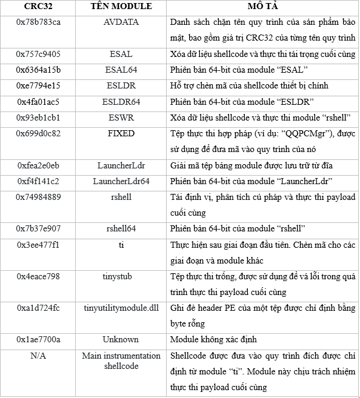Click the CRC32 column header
(x=38, y=7)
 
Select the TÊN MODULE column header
(x=121, y=7)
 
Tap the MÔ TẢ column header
(x=262, y=7)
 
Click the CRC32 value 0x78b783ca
(x=38, y=22)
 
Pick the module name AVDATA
(x=121, y=22)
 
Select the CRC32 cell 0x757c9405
(x=38, y=54)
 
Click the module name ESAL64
(x=121, y=70)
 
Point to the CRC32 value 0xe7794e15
(x=38, y=85)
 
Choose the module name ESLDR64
(x=121, y=101)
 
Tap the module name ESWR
(x=121, y=117)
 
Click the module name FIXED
(x=121, y=133)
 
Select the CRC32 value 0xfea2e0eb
(x=38, y=165)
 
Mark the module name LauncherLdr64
(x=121, y=181)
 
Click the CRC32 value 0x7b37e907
(x=38, y=228)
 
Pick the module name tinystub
(x=121, y=276)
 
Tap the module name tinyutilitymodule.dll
(x=121, y=307)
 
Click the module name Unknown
(x=121, y=339)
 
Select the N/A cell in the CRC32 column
(x=38, y=356)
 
